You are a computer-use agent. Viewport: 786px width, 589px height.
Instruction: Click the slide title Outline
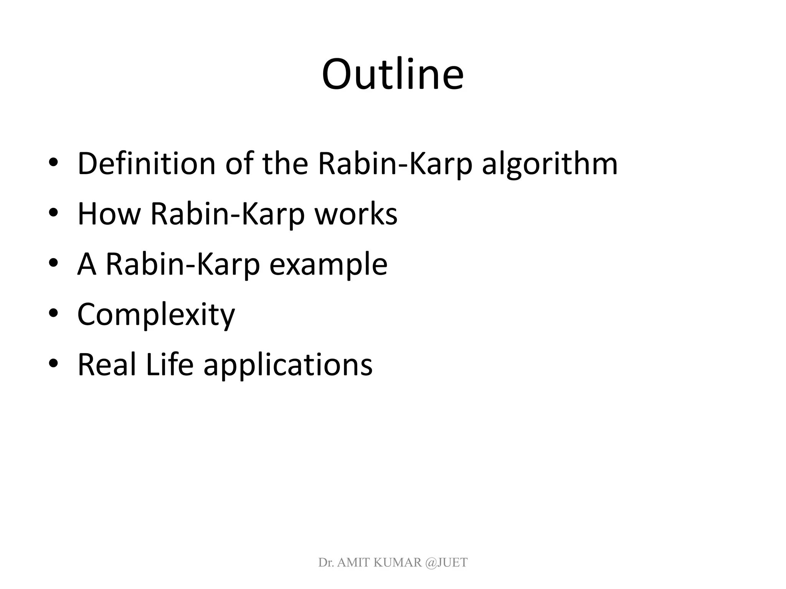(x=393, y=75)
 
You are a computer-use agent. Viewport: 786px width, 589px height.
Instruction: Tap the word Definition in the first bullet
(x=146, y=164)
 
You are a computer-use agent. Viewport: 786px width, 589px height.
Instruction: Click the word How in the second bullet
(x=109, y=214)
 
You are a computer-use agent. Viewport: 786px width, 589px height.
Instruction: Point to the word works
(x=356, y=214)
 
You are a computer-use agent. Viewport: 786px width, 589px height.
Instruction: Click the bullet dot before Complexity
(x=53, y=314)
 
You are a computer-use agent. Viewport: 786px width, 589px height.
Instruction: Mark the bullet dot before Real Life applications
(x=53, y=364)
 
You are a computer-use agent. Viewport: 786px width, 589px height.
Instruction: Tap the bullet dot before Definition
(x=53, y=163)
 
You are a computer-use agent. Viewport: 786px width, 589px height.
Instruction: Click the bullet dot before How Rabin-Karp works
(x=53, y=213)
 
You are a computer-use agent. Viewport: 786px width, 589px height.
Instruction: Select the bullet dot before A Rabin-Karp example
(x=53, y=263)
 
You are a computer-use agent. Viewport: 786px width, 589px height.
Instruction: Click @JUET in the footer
(x=446, y=563)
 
